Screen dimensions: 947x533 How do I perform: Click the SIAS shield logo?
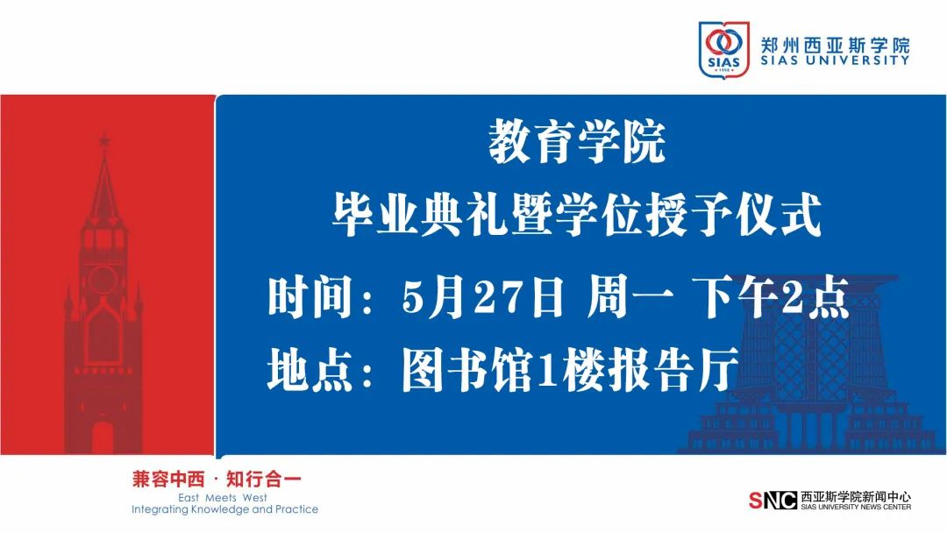[723, 49]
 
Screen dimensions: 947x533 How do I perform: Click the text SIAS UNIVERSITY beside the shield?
[835, 60]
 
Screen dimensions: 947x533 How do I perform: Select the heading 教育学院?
[577, 143]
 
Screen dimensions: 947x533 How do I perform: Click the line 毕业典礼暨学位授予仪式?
[577, 215]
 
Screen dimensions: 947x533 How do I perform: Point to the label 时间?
[310, 296]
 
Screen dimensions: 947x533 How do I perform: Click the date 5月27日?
[482, 296]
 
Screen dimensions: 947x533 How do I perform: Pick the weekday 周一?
[630, 296]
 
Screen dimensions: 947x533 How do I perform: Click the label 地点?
[310, 369]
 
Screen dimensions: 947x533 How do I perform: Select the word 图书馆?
[466, 369]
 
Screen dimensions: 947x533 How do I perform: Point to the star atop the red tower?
[104, 140]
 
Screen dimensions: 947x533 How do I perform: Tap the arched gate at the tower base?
[103, 438]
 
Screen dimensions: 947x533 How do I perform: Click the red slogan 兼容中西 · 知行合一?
[217, 480]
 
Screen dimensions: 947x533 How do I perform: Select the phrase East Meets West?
[222, 498]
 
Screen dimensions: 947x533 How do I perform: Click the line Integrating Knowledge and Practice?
[224, 509]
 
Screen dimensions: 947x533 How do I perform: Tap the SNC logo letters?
[773, 501]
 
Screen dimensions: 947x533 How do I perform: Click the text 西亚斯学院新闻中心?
[855, 497]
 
